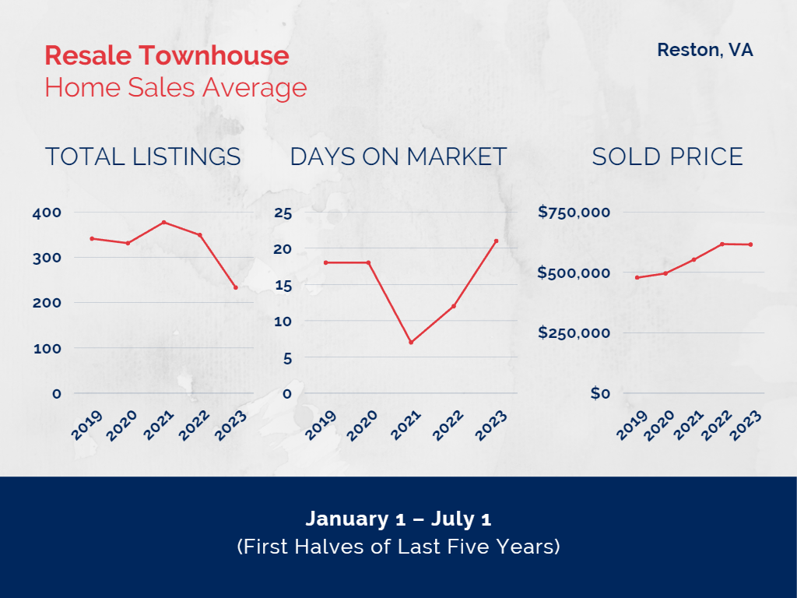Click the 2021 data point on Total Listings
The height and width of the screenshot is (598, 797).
(163, 222)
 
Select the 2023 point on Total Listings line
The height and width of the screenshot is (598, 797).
(235, 287)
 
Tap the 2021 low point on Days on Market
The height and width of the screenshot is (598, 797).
(411, 342)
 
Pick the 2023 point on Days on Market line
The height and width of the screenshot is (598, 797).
(496, 241)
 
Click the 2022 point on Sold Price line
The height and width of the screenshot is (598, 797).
(722, 244)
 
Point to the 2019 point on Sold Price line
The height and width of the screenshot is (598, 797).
(637, 277)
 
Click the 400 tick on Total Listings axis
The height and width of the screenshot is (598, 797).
(47, 213)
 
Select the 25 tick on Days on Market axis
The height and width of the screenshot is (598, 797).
(283, 213)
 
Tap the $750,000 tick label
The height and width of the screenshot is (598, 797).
(574, 213)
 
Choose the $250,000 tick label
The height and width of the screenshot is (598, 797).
(574, 333)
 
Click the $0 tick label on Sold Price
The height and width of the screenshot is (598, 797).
(600, 394)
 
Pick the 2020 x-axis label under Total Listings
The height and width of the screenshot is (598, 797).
(125, 425)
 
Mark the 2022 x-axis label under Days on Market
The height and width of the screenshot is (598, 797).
(448, 425)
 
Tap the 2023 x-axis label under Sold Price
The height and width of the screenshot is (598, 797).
(746, 425)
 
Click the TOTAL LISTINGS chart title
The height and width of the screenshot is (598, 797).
(142, 157)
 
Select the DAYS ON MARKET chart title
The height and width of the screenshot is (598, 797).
(398, 157)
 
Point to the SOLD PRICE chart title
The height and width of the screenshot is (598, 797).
(667, 157)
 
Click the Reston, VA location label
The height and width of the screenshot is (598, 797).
(704, 51)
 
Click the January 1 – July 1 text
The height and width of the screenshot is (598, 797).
(398, 519)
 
